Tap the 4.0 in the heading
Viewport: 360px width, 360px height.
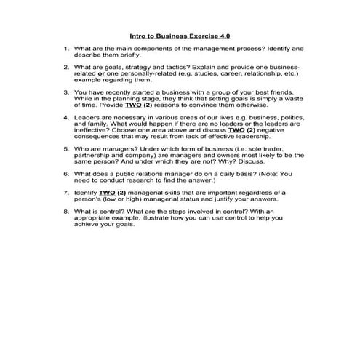226,34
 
